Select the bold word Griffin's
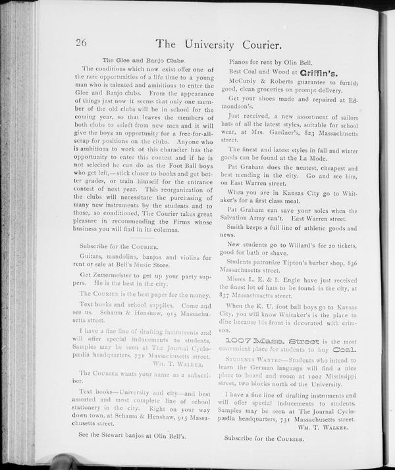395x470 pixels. tap(319, 72)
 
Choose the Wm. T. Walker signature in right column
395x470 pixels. tap(323, 427)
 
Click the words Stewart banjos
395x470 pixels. tap(124, 435)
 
